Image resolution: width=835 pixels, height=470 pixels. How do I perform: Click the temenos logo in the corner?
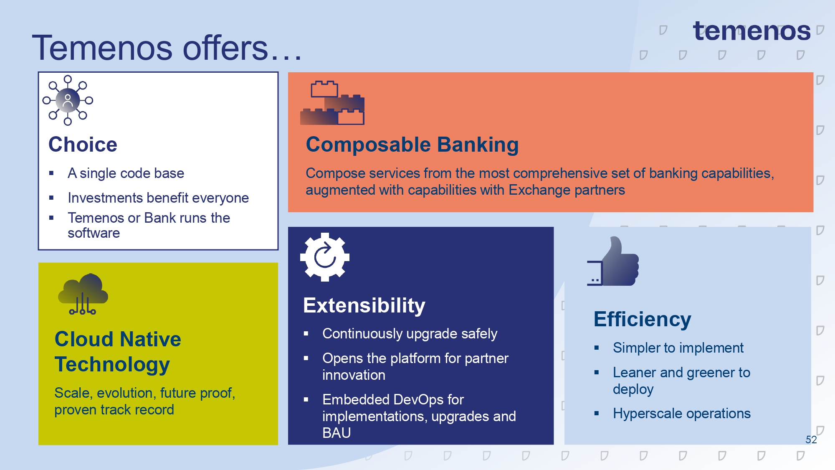tap(751, 31)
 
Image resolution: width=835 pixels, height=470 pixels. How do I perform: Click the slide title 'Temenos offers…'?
tap(167, 48)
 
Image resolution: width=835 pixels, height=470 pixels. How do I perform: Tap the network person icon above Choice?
tap(68, 100)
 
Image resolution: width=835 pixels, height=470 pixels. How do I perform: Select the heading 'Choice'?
tap(83, 145)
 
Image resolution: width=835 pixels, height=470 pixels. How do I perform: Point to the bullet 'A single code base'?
tap(126, 173)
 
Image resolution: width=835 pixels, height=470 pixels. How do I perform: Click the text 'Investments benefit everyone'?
tap(158, 198)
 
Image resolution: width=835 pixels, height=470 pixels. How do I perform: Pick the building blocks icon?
tap(332, 103)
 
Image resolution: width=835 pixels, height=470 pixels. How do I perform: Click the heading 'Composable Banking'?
tap(412, 145)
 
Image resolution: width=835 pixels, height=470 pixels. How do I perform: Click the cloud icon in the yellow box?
tap(83, 294)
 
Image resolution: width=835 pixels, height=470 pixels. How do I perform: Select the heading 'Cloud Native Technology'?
tap(118, 351)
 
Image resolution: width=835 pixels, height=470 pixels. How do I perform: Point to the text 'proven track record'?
tap(114, 410)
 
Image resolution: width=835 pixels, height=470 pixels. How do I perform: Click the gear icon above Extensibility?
tap(325, 257)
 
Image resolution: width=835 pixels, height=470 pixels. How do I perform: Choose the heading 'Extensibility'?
tap(364, 305)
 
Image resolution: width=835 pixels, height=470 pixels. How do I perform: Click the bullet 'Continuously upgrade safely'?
tap(410, 334)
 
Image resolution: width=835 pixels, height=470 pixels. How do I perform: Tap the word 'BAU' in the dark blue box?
tap(337, 433)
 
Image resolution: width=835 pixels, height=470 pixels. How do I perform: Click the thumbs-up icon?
tap(613, 261)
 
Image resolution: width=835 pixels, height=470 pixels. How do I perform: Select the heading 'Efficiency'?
tap(642, 319)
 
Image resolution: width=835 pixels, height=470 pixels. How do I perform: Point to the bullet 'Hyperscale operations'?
tap(682, 414)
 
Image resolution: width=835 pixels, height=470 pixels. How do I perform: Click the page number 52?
tap(811, 440)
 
